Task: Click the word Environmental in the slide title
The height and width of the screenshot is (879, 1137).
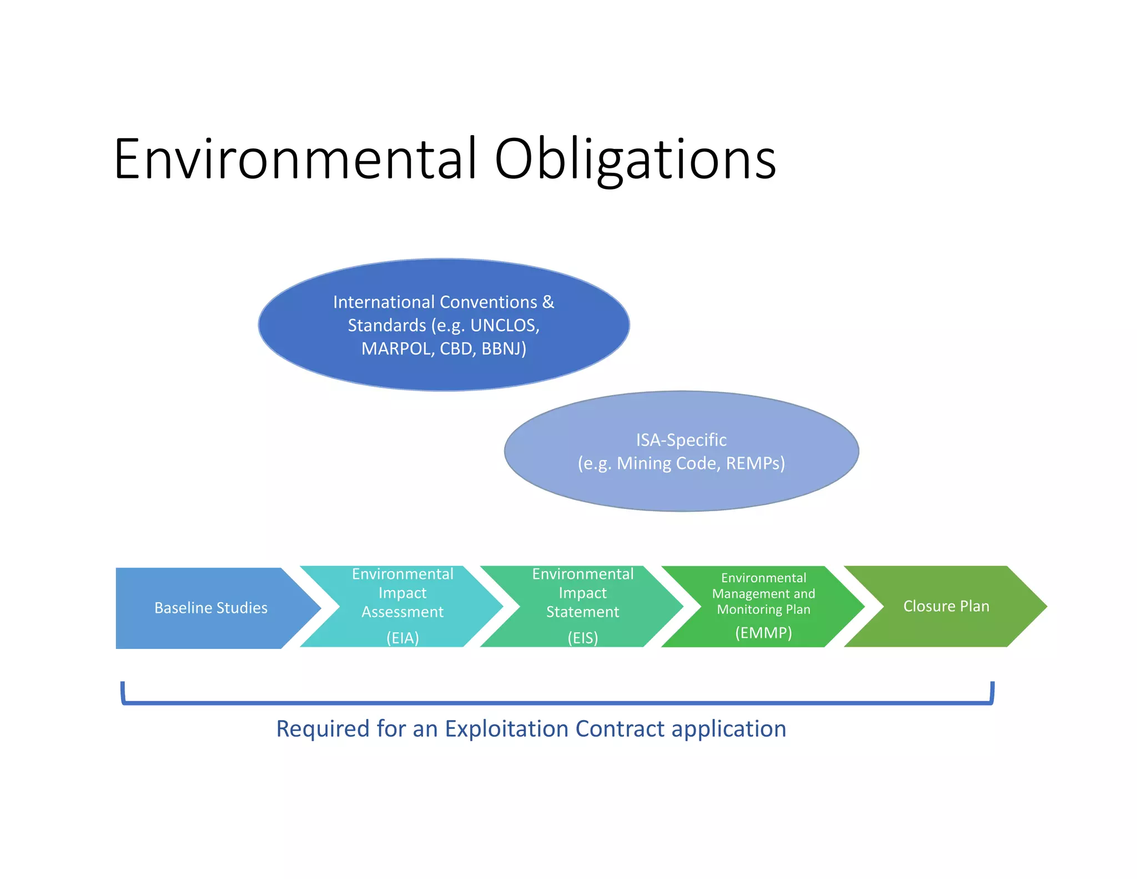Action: click(295, 159)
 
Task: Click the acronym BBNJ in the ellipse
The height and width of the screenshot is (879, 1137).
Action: click(504, 348)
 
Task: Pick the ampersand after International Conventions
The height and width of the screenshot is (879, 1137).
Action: click(548, 302)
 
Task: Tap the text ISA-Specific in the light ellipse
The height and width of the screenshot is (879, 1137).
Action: click(681, 440)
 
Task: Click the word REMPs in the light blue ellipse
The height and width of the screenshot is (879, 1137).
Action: click(755, 463)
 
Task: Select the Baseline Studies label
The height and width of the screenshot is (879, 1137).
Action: click(211, 608)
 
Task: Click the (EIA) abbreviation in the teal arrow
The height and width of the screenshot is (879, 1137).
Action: click(403, 637)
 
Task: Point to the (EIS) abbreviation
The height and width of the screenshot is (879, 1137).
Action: click(583, 637)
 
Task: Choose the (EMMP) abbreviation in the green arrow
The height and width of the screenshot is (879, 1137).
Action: click(763, 632)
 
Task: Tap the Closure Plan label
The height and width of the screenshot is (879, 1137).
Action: click(946, 606)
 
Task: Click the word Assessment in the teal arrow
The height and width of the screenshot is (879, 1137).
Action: click(403, 612)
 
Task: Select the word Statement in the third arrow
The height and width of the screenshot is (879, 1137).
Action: click(583, 612)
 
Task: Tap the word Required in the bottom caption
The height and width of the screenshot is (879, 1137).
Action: click(323, 728)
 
